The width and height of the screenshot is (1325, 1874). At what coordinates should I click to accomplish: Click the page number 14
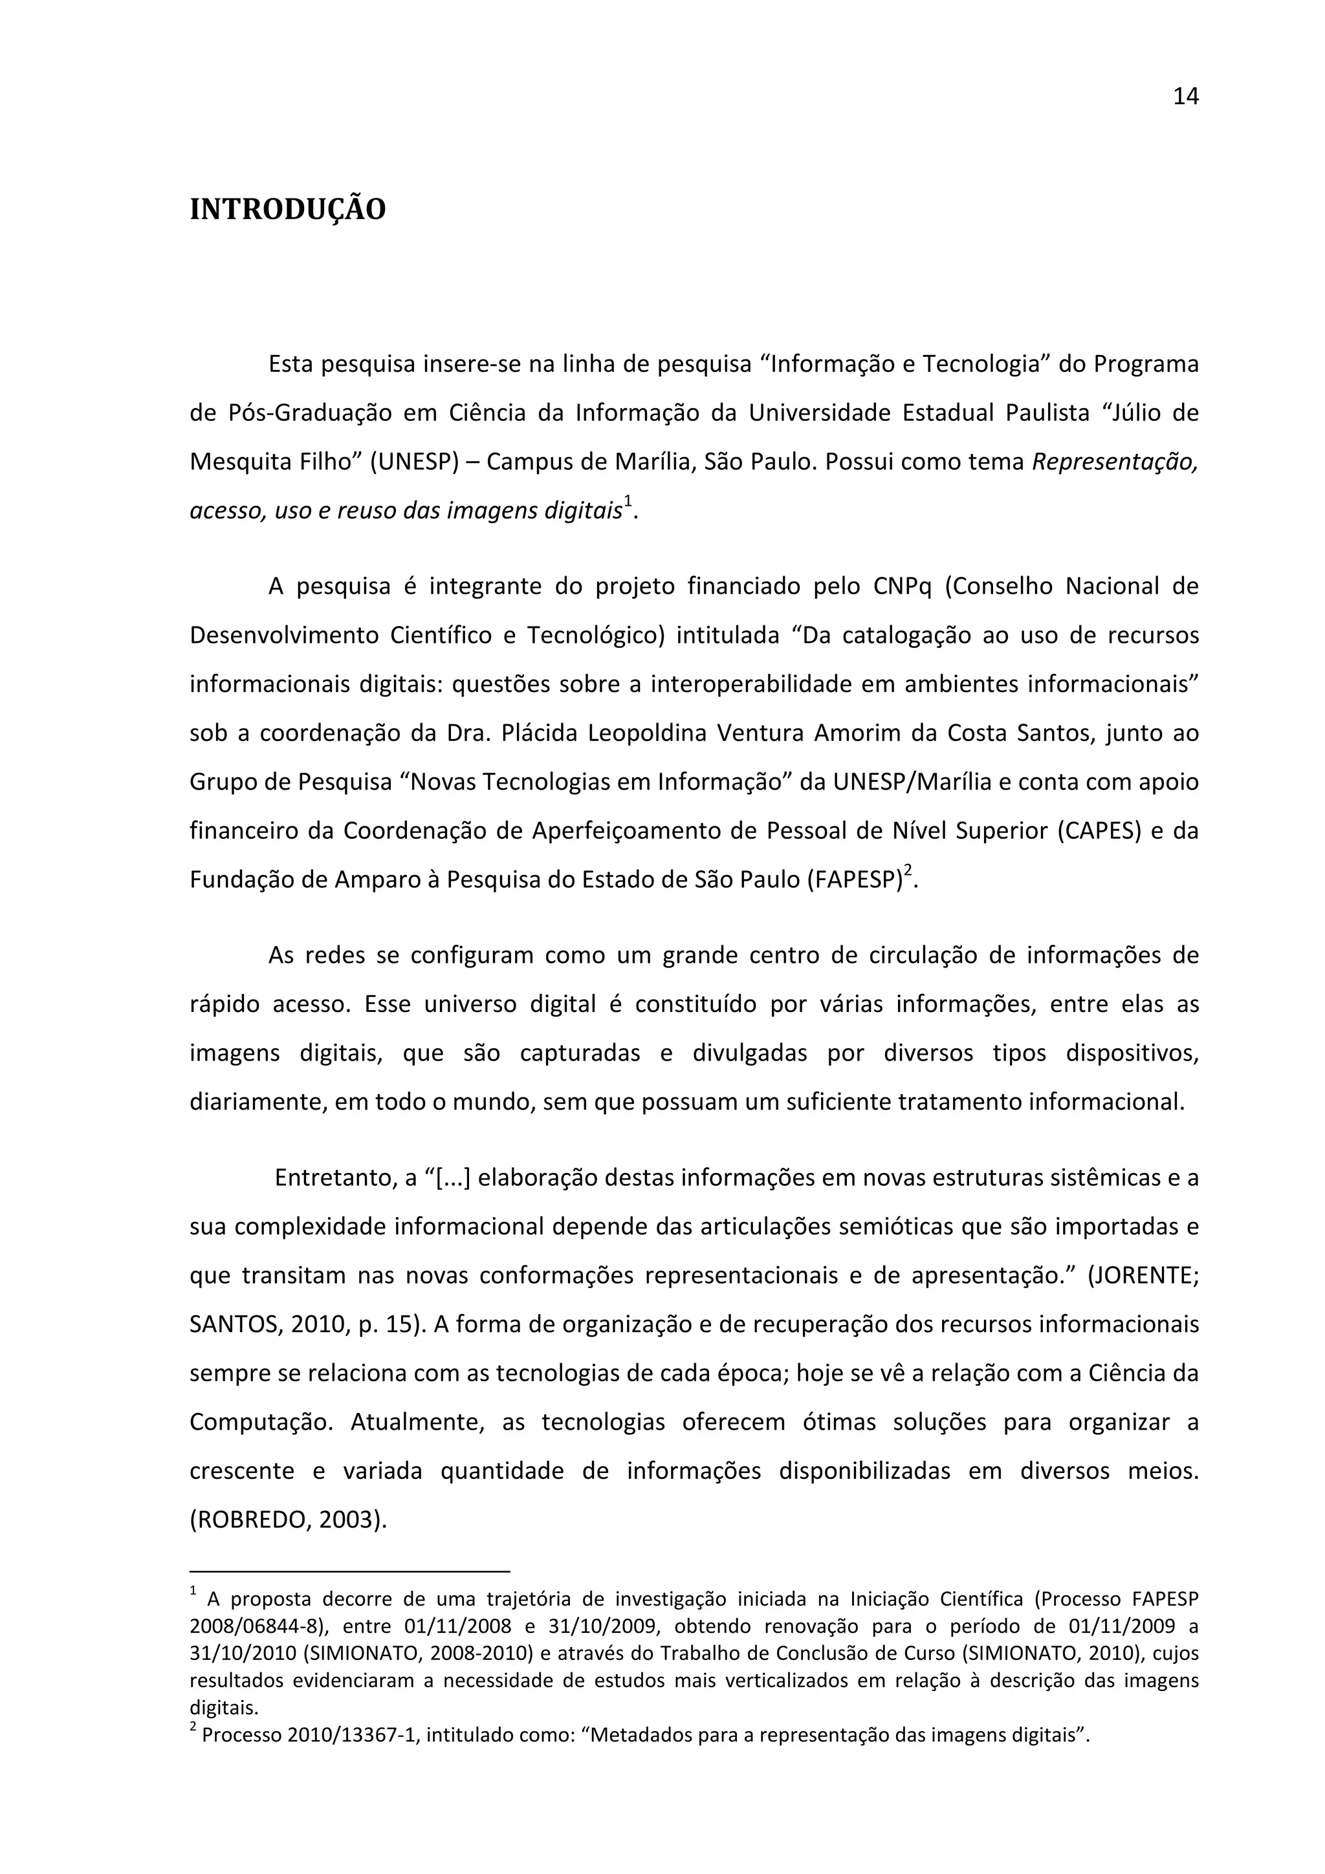1185,97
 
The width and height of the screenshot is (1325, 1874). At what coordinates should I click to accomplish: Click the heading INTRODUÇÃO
287,210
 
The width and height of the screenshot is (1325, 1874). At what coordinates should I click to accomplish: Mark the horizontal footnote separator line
349,1570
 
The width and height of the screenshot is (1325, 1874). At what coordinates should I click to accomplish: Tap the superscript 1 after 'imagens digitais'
627,502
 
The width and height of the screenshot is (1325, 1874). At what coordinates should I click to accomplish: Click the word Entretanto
333,1178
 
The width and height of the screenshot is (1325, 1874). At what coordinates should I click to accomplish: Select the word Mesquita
237,462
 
